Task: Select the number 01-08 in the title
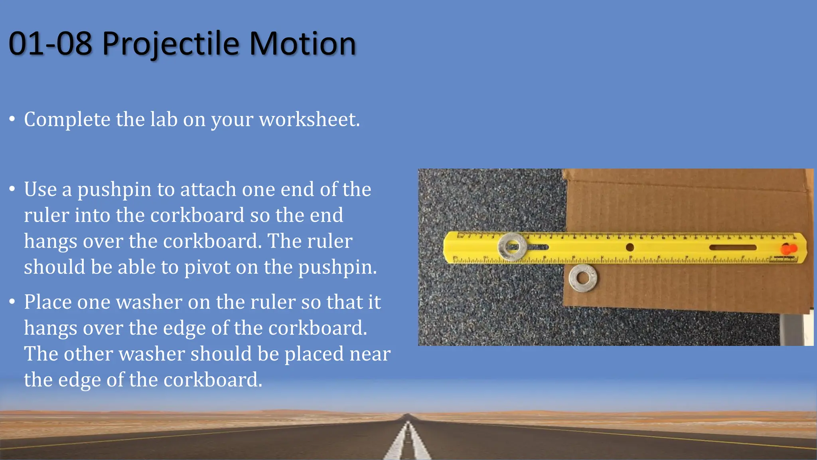[x=50, y=44]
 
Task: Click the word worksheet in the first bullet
[x=309, y=119]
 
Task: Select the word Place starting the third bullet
[x=47, y=302]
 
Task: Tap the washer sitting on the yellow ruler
[x=512, y=247]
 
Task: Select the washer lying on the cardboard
[x=583, y=278]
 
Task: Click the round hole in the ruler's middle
[x=630, y=247]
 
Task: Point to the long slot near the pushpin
[x=732, y=248]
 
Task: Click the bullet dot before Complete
[x=13, y=119]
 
